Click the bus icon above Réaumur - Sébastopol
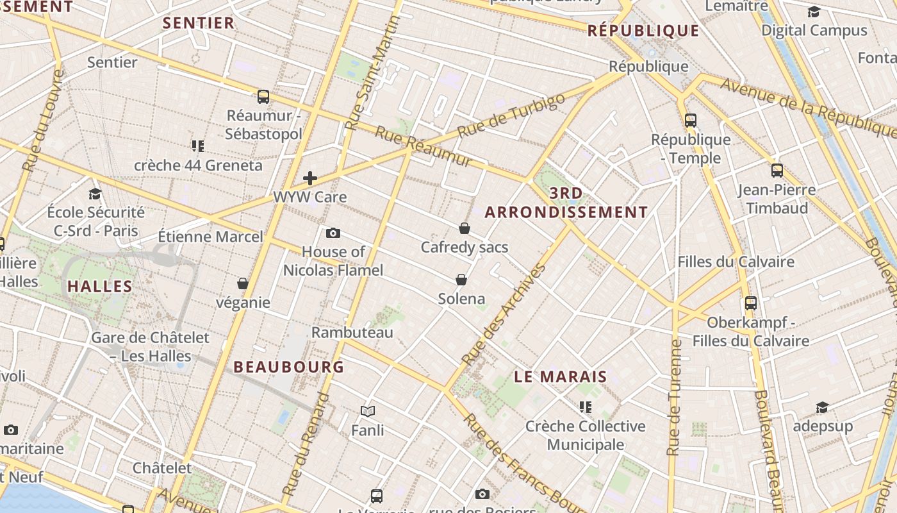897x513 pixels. pos(263,97)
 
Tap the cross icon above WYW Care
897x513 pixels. pos(310,178)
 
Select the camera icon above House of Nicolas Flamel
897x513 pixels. pos(333,233)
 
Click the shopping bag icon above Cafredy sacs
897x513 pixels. pos(465,228)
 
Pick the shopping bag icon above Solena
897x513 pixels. pos(461,280)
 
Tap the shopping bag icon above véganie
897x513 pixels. pos(243,283)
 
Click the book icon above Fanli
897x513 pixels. pos(368,411)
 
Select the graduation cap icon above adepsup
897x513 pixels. pos(822,407)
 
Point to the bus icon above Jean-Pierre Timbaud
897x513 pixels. pos(777,170)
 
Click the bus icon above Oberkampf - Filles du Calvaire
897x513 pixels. pos(751,303)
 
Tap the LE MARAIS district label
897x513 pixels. pos(560,376)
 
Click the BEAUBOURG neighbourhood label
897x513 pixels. pos(289,367)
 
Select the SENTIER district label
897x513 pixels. pos(199,23)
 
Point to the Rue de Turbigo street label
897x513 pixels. pos(512,115)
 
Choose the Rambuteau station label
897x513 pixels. pos(352,332)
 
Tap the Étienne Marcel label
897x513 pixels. pos(211,237)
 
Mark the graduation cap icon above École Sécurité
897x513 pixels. pos(95,194)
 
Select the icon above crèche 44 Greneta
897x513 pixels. pos(197,146)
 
